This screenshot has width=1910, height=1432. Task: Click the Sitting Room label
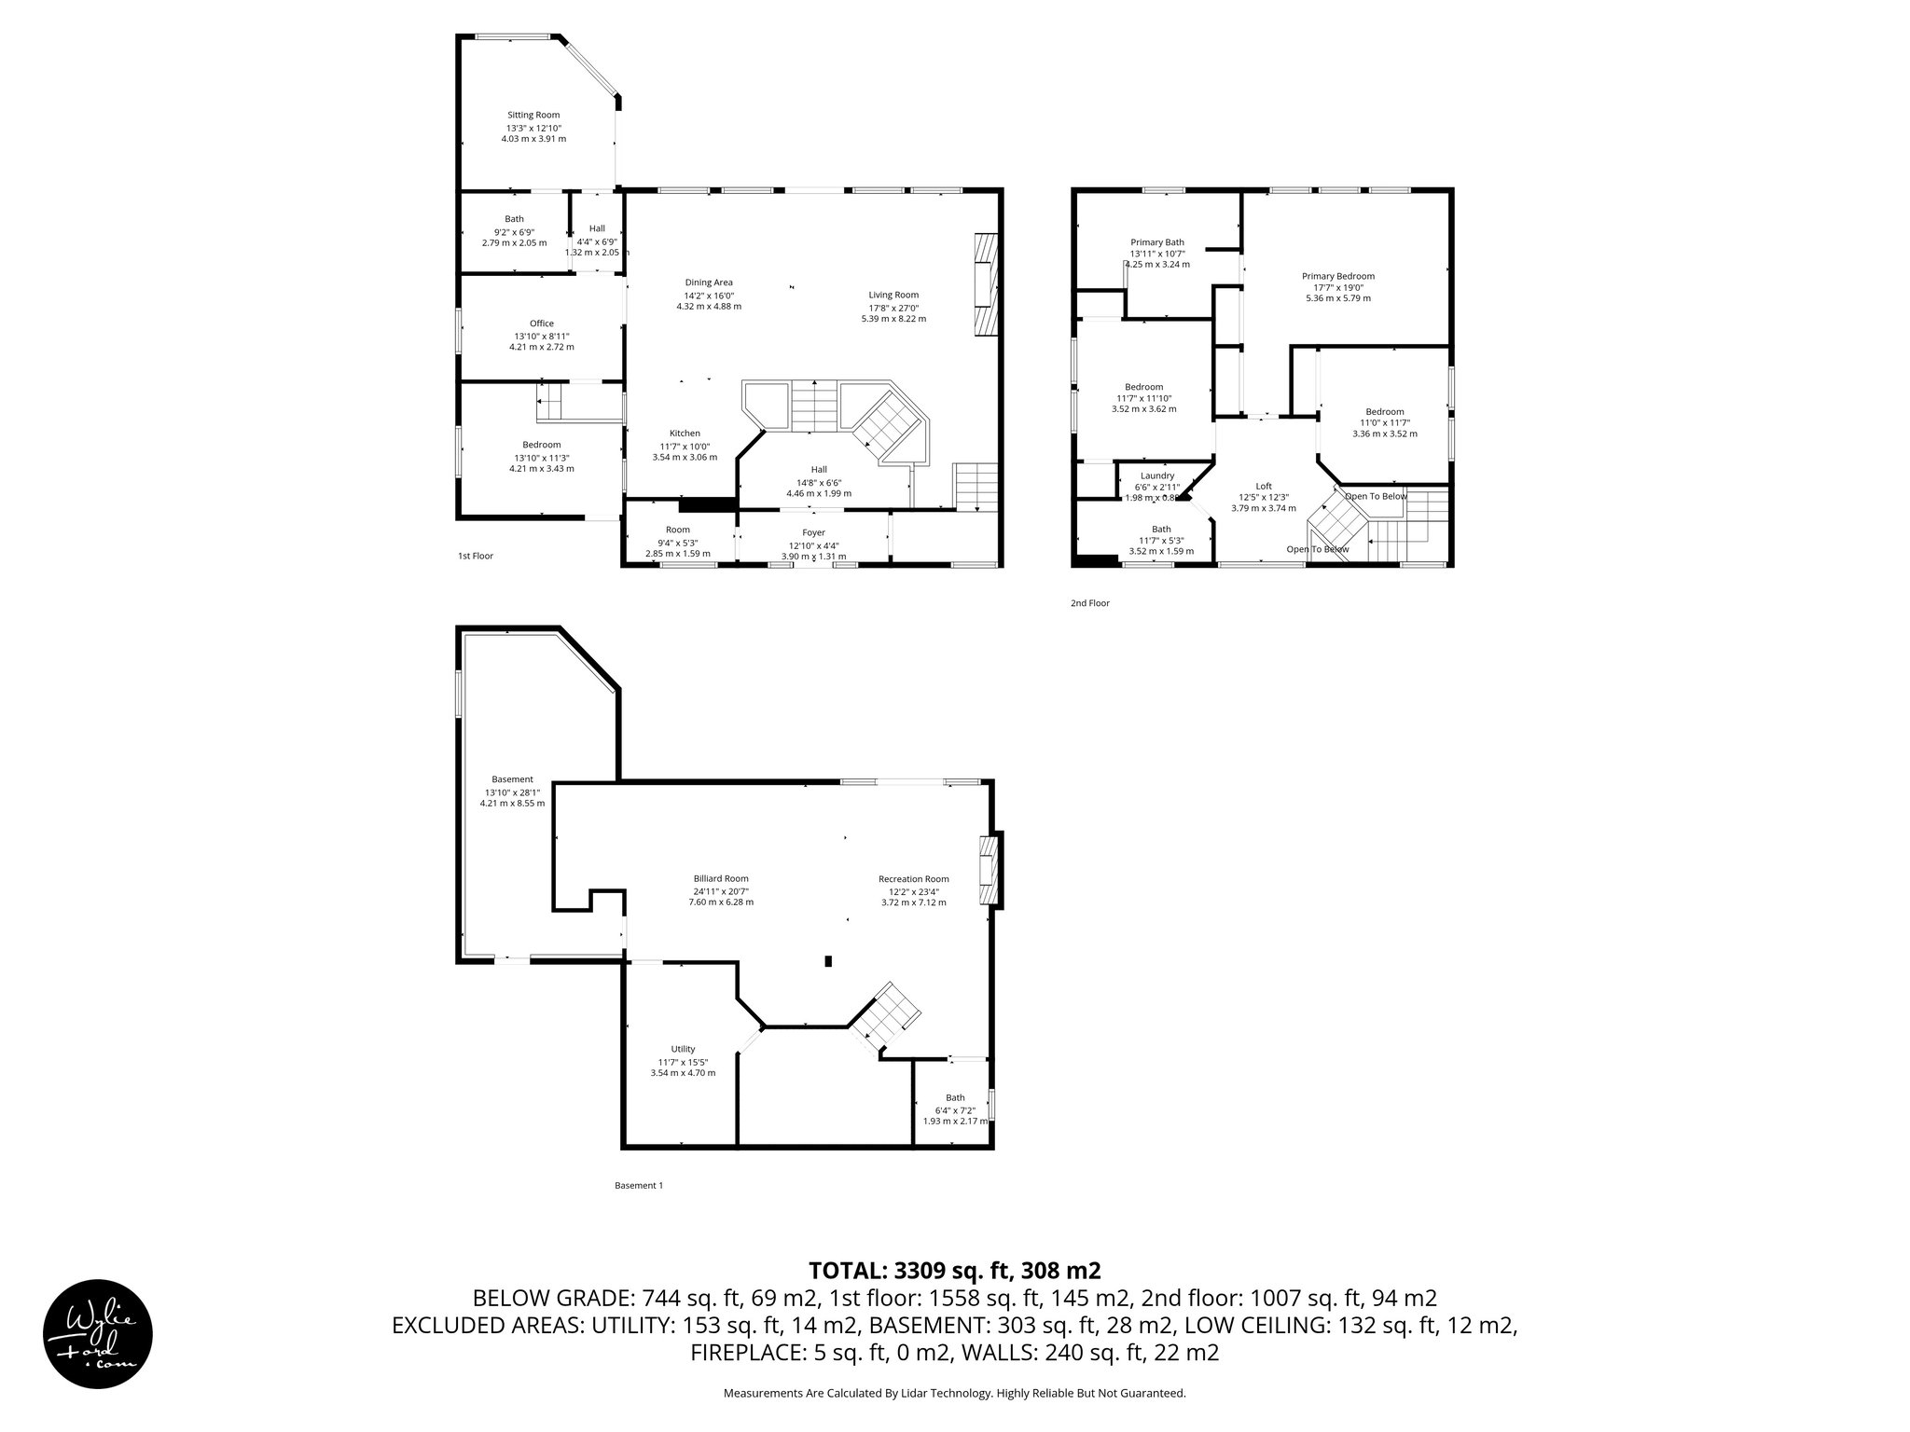click(533, 115)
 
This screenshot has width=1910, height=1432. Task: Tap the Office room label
click(541, 324)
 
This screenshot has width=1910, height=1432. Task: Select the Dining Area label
click(709, 282)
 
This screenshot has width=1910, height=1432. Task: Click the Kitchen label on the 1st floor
click(685, 434)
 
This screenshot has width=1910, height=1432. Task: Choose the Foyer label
click(813, 533)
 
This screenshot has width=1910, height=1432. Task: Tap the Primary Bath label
click(1156, 242)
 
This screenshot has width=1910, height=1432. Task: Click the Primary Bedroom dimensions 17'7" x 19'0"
click(1337, 287)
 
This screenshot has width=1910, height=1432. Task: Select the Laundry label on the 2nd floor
click(1156, 475)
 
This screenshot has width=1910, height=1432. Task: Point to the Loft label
click(1263, 486)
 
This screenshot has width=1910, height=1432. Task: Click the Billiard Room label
click(720, 878)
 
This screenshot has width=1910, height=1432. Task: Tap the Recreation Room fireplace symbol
click(988, 871)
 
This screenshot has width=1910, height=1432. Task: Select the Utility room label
click(683, 1049)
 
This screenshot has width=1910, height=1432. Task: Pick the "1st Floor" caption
click(475, 556)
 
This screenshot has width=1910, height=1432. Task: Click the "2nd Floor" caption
click(1089, 603)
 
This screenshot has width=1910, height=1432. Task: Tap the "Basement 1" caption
click(638, 1186)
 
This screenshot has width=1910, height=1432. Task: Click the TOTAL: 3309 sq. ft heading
click(954, 1270)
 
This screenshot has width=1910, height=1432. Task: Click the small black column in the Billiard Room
click(828, 961)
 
